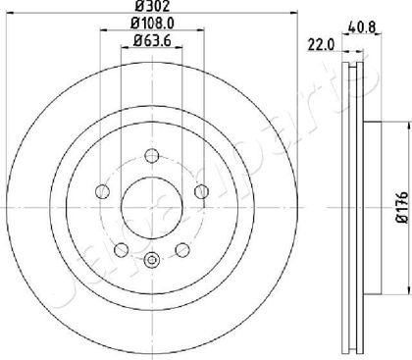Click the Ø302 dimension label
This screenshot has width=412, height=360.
pos(153,6)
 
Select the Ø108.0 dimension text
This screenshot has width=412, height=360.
pos(152,24)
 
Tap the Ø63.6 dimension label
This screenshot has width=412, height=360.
pos(152,41)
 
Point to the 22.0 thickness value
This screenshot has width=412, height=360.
pos(321,45)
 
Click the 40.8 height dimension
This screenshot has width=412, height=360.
pos(362,26)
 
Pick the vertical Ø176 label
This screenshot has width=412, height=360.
pos(403,208)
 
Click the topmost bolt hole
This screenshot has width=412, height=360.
pos(152,156)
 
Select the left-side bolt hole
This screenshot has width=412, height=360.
pos(102,191)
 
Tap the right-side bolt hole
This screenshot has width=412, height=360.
pos(201,191)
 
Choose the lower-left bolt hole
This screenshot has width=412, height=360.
pos(122,250)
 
